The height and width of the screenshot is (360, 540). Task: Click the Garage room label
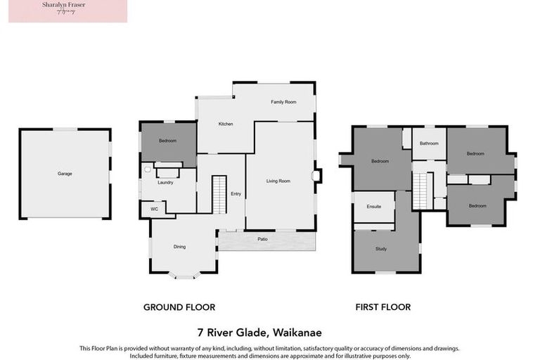click(65, 174)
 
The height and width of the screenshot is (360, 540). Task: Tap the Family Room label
click(283, 102)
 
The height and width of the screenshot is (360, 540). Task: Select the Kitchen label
click(225, 124)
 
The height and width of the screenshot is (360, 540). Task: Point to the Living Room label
click(278, 181)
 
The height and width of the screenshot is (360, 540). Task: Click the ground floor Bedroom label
click(167, 141)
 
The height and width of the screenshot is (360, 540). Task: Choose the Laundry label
click(165, 183)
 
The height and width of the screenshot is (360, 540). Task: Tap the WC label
click(153, 209)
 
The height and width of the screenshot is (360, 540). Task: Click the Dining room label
click(180, 247)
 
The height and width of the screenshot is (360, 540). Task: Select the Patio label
click(262, 240)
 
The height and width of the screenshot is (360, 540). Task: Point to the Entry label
click(236, 195)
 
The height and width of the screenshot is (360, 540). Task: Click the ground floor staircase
click(219, 194)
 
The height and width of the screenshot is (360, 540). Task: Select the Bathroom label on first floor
click(429, 143)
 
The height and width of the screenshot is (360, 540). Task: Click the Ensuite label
click(373, 207)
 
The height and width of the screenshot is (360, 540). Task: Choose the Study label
click(382, 249)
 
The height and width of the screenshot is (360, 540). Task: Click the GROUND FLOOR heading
click(179, 307)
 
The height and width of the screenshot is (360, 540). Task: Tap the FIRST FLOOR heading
click(382, 307)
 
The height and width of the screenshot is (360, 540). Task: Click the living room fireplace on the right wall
click(317, 175)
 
